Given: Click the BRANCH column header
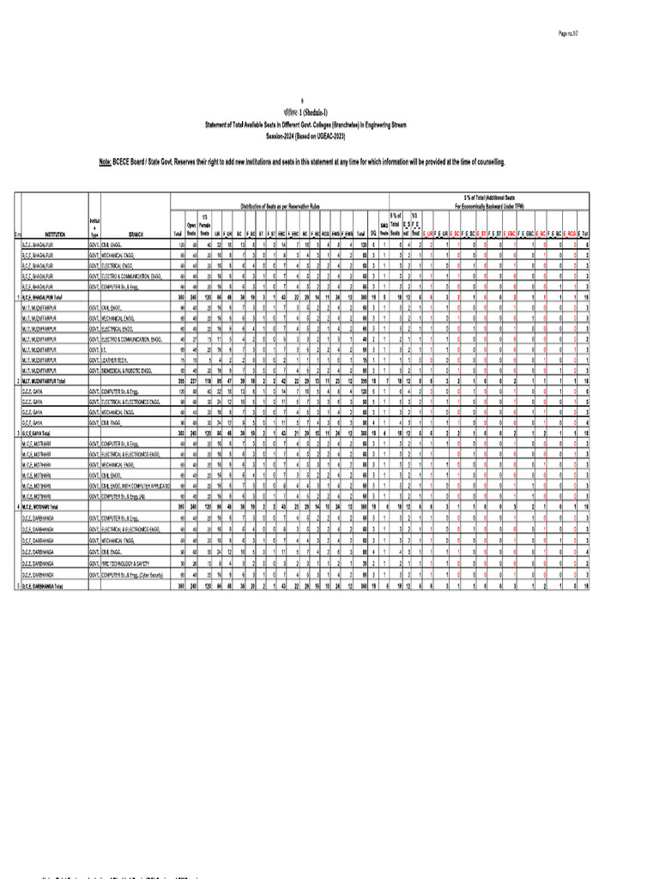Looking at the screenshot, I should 135,233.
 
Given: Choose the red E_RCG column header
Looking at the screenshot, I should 569,233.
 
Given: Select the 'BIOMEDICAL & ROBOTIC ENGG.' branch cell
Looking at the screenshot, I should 132,371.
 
